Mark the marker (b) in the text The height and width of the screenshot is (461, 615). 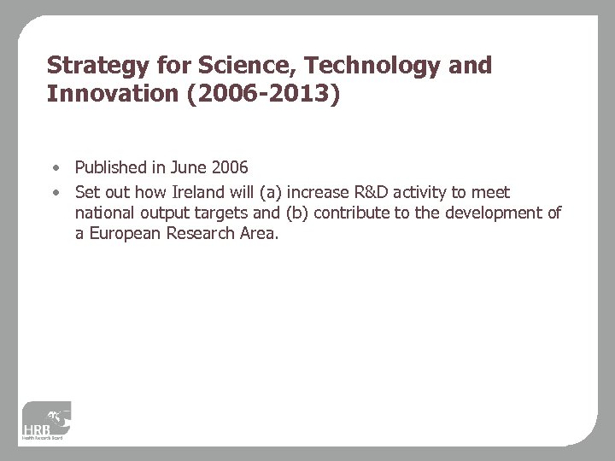click(x=296, y=213)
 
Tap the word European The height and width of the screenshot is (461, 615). click(x=126, y=233)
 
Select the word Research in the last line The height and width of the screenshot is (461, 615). click(x=204, y=233)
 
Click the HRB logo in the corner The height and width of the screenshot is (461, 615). click(x=48, y=423)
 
